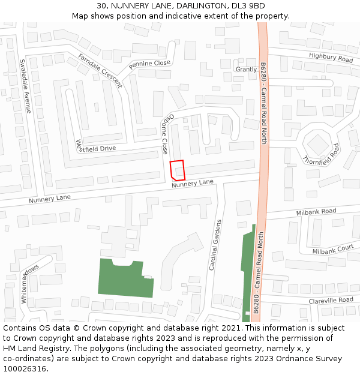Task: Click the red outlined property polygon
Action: [x=177, y=170]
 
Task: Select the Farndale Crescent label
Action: [x=100, y=71]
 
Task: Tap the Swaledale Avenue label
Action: [x=25, y=86]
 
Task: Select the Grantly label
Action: [x=246, y=70]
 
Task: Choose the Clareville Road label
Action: [x=331, y=300]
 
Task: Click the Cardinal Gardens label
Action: [x=215, y=245]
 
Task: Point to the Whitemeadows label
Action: [x=29, y=284]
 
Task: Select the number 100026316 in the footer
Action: [x=25, y=368]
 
